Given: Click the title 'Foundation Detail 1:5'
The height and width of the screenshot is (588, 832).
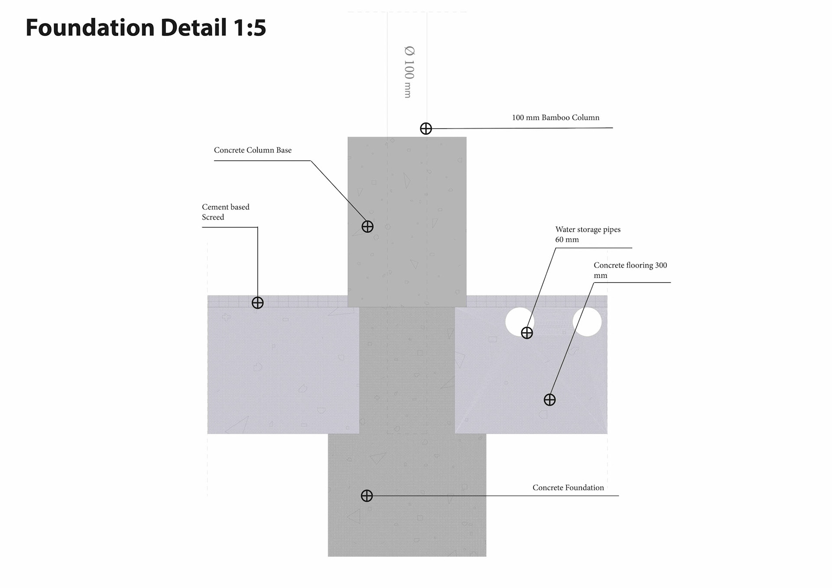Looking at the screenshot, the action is (146, 28).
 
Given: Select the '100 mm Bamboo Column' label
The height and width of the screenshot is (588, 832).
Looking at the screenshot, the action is (556, 117).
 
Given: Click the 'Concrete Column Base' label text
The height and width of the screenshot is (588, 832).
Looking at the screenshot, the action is (253, 150).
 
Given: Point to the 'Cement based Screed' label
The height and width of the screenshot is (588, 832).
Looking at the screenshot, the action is (225, 212).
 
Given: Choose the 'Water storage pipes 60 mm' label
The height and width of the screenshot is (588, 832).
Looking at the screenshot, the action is (588, 234).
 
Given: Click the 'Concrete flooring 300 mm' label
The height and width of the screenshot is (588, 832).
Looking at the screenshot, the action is (630, 270).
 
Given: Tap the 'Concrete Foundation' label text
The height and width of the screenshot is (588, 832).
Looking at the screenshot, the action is (568, 488).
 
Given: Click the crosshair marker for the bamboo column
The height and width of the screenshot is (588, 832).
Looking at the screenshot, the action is (426, 129).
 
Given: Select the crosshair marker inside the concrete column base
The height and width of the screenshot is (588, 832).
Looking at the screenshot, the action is (367, 227).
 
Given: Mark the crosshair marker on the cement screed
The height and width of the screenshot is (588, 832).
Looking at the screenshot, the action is (258, 303).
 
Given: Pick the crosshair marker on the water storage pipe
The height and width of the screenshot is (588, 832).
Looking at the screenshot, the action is (527, 333).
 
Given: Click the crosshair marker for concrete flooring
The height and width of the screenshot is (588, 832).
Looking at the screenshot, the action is (549, 400).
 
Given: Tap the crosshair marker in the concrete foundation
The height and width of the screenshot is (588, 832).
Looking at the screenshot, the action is (367, 496).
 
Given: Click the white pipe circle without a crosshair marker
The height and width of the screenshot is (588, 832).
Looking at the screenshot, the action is (587, 322).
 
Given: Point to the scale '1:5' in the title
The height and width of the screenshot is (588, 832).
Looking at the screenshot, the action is (249, 28).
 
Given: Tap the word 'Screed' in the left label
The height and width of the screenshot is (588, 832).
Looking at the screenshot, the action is (213, 218).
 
